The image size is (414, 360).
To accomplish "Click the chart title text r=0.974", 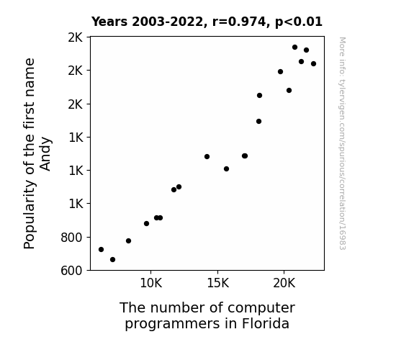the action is [239, 22].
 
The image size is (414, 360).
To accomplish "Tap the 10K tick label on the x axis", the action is [150, 284].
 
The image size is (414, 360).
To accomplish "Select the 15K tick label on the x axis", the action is [218, 284].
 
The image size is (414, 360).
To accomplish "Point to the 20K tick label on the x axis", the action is [284, 284].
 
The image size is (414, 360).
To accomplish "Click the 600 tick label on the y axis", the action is [71, 271].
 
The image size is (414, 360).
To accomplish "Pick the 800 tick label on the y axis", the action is [71, 238].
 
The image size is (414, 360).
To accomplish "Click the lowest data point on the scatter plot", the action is [112, 260].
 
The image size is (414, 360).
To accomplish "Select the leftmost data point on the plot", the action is [101, 250].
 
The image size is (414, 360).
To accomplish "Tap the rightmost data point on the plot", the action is [313, 63].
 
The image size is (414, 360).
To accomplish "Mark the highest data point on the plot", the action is [295, 48].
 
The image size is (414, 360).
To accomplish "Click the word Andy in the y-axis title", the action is [45, 153].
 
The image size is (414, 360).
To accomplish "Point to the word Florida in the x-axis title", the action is [266, 323].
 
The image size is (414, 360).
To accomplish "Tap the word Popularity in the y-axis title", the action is [30, 215].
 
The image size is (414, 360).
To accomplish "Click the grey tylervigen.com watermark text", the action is [342, 143].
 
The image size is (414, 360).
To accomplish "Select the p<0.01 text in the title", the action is [299, 22].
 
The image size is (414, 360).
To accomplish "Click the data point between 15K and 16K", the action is [226, 168].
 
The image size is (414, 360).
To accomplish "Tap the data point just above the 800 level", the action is [128, 241].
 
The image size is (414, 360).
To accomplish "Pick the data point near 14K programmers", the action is [207, 157].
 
